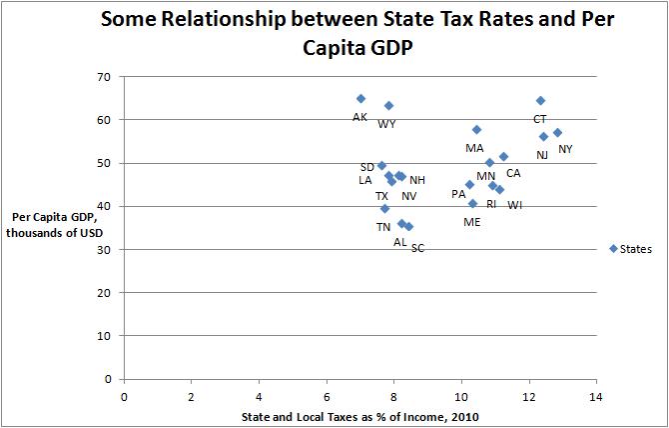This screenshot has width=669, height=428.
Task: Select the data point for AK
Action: click(x=360, y=98)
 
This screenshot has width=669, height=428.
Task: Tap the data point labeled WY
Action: click(x=388, y=105)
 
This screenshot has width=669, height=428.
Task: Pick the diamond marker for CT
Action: click(x=540, y=100)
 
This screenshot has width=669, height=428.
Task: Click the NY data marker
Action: click(x=557, y=132)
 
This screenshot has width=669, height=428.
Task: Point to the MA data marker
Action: click(x=476, y=129)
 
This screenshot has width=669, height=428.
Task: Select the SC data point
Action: click(x=408, y=226)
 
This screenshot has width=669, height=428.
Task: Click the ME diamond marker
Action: click(x=472, y=203)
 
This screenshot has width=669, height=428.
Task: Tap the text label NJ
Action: click(x=541, y=155)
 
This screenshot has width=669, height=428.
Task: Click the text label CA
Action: click(x=512, y=173)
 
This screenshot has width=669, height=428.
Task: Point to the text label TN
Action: click(x=383, y=227)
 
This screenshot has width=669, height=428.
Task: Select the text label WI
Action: click(x=514, y=205)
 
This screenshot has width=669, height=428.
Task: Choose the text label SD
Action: click(x=367, y=167)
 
